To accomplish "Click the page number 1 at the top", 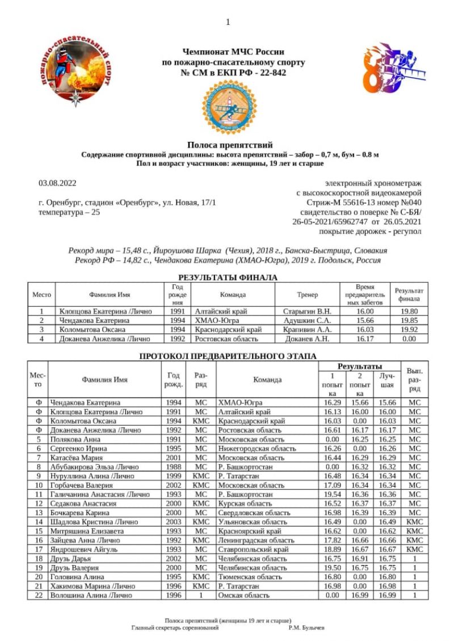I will click(x=228, y=22).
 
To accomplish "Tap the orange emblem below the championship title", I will click(x=227, y=107).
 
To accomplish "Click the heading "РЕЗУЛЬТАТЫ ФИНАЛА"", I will click(x=228, y=277).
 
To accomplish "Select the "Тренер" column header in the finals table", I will click(x=307, y=295).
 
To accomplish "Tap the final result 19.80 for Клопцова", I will click(x=408, y=311).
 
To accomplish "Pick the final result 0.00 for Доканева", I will click(x=408, y=339).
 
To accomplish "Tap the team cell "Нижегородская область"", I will click(x=257, y=448).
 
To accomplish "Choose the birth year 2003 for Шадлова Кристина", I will click(x=174, y=521).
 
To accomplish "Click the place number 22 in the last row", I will click(x=39, y=595).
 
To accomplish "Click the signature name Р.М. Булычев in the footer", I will click(x=306, y=627).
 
